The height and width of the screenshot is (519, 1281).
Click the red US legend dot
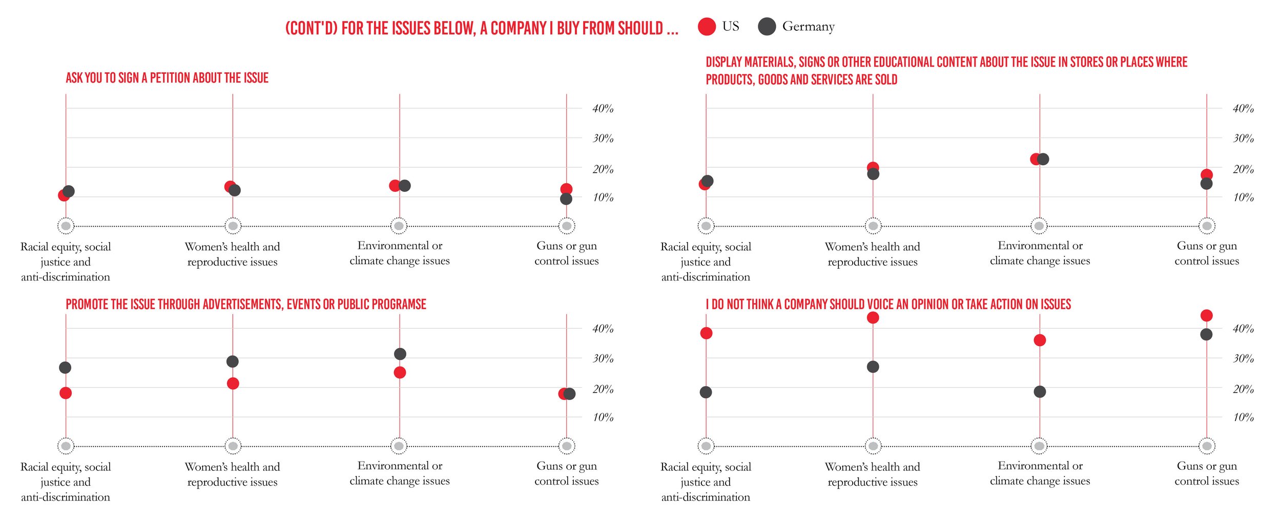[x=707, y=27]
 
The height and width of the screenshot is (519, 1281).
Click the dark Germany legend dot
[x=767, y=27]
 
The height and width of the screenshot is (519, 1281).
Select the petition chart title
[x=167, y=78]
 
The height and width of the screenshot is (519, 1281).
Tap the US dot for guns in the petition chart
[x=566, y=189]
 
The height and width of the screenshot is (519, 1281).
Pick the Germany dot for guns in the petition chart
[x=566, y=199]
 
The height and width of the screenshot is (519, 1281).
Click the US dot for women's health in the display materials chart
[x=873, y=167]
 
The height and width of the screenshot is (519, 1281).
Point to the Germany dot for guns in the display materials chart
[x=1207, y=184]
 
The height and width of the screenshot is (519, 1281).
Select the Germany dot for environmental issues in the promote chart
[x=400, y=354]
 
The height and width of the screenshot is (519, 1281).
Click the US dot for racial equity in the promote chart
[x=66, y=393]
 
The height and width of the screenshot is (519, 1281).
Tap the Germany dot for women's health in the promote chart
[x=233, y=362]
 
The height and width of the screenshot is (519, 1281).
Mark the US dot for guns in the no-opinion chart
[x=1207, y=315]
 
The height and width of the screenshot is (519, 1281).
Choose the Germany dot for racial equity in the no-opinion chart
[x=706, y=392]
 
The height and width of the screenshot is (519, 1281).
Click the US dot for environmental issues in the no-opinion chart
[x=1040, y=341]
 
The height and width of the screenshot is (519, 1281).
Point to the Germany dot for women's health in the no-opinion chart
[x=873, y=367]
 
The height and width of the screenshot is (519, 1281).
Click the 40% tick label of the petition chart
[x=603, y=109]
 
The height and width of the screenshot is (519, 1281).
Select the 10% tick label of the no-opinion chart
[x=1244, y=417]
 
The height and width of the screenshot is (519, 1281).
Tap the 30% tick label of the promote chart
[x=603, y=358]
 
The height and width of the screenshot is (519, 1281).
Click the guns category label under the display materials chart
[x=1207, y=253]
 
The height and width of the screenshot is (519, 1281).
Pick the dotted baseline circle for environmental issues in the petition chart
[x=399, y=226]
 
